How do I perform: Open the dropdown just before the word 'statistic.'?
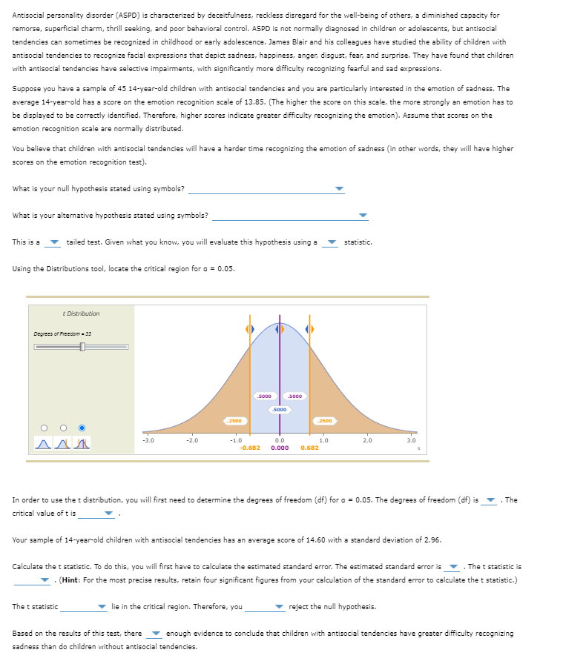(x=332, y=243)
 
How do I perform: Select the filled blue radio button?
(x=82, y=428)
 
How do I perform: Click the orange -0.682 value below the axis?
(x=249, y=448)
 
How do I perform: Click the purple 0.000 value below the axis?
(x=280, y=448)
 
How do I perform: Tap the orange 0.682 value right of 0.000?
(x=309, y=448)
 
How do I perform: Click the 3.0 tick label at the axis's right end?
(x=412, y=440)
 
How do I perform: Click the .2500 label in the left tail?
(x=234, y=421)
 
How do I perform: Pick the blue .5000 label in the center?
(x=280, y=409)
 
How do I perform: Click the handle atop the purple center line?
(x=280, y=328)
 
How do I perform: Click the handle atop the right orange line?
(x=310, y=328)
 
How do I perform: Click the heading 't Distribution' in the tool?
(x=82, y=313)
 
